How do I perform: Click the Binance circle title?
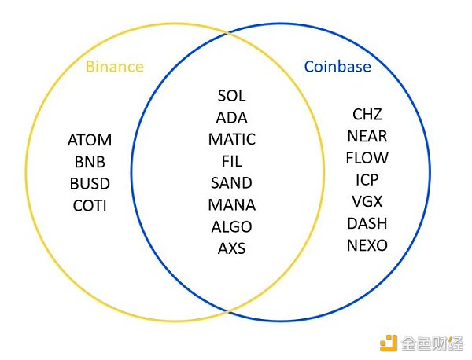point(114,66)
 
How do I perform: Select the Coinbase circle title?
point(337,66)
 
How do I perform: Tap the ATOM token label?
point(90,141)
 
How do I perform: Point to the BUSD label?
point(89,184)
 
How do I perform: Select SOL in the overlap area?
point(231,96)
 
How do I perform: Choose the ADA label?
point(231,118)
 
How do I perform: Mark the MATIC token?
point(231,140)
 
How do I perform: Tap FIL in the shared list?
point(231,161)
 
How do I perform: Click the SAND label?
point(231,183)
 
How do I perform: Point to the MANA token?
point(231,205)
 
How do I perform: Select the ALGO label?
point(231,227)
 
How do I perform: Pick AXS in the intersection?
point(231,249)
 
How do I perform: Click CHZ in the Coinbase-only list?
point(367,115)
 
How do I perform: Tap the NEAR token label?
point(367,137)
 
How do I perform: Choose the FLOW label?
point(367,158)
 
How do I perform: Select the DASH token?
point(367,223)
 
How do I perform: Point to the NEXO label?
point(367,245)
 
